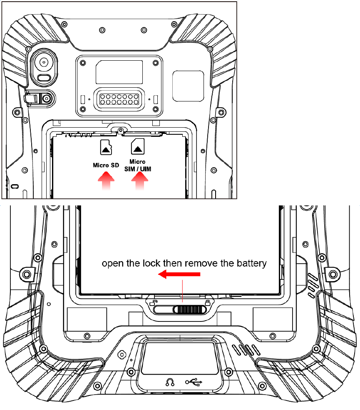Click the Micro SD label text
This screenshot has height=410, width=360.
pyautogui.click(x=106, y=165)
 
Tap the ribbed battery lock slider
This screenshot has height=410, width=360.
pyautogui.click(x=189, y=309)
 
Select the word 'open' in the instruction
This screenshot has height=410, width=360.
pyautogui.click(x=112, y=264)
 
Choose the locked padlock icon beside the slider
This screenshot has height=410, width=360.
pyautogui.click(x=207, y=302)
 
